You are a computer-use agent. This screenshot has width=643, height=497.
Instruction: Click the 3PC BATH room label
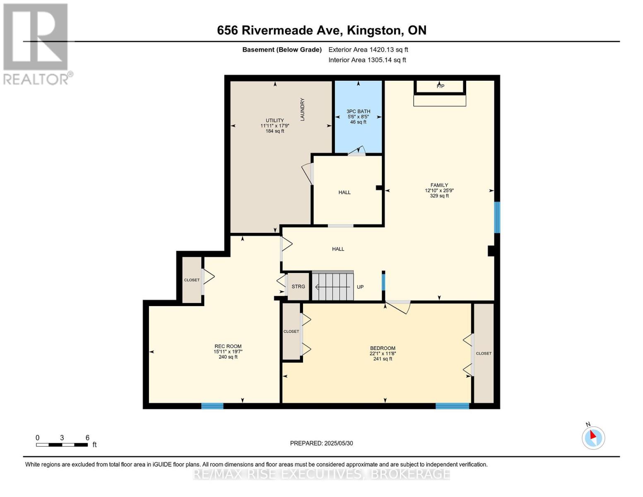click(358, 111)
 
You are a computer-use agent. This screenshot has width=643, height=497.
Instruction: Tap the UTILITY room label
click(275, 121)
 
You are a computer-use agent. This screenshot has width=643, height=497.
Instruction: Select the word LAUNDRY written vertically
click(302, 109)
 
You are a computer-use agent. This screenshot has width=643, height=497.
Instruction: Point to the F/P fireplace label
click(440, 86)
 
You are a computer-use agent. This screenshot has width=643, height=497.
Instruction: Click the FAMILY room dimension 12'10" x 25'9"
click(439, 191)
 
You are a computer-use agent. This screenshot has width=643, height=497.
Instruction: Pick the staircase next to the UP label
click(332, 286)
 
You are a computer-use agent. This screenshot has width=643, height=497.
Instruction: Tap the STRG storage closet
click(298, 287)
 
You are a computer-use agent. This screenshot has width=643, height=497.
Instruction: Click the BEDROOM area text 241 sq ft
click(383, 359)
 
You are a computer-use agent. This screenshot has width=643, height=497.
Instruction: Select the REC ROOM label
click(228, 346)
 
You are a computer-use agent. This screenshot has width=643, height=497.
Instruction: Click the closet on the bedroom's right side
click(484, 353)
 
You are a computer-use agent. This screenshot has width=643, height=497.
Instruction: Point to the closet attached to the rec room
click(192, 280)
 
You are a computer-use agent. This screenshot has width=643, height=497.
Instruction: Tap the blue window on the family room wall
click(497, 217)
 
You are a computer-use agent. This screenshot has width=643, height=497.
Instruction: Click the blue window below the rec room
click(212, 406)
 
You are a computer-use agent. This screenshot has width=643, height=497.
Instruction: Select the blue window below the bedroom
click(452, 406)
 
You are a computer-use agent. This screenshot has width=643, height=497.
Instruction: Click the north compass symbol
click(593, 437)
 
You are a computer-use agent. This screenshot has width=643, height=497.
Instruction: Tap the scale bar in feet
click(62, 445)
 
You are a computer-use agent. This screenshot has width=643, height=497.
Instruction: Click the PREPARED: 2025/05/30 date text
click(321, 443)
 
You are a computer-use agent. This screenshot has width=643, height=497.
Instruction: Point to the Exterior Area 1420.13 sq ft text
click(368, 50)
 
